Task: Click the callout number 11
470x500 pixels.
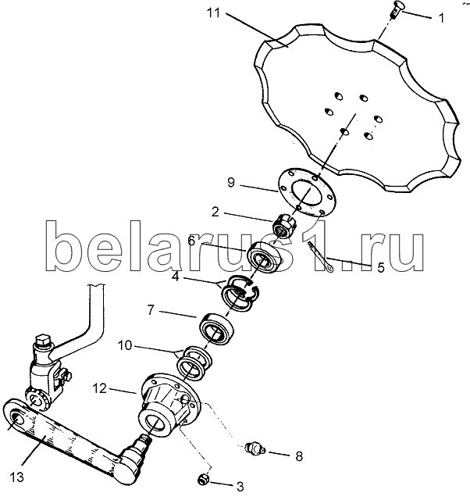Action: click(213, 13)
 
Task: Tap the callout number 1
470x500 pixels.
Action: click(441, 18)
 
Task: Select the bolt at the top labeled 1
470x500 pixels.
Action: click(395, 10)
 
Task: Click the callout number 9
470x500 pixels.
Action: click(231, 183)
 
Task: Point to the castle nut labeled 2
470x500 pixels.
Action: click(284, 224)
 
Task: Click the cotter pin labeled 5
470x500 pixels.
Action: click(320, 257)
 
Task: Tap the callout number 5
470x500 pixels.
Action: click(381, 267)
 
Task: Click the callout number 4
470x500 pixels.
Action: click(176, 277)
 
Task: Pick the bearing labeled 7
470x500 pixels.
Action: click(217, 330)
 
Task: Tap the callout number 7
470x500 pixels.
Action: click(151, 309)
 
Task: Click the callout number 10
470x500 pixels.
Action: click(125, 345)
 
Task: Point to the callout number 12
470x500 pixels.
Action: click(100, 388)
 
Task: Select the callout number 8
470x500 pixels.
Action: click(299, 456)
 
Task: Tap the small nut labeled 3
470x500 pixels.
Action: click(203, 479)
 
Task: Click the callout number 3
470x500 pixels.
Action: click(240, 487)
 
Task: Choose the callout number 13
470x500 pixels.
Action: click(16, 477)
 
